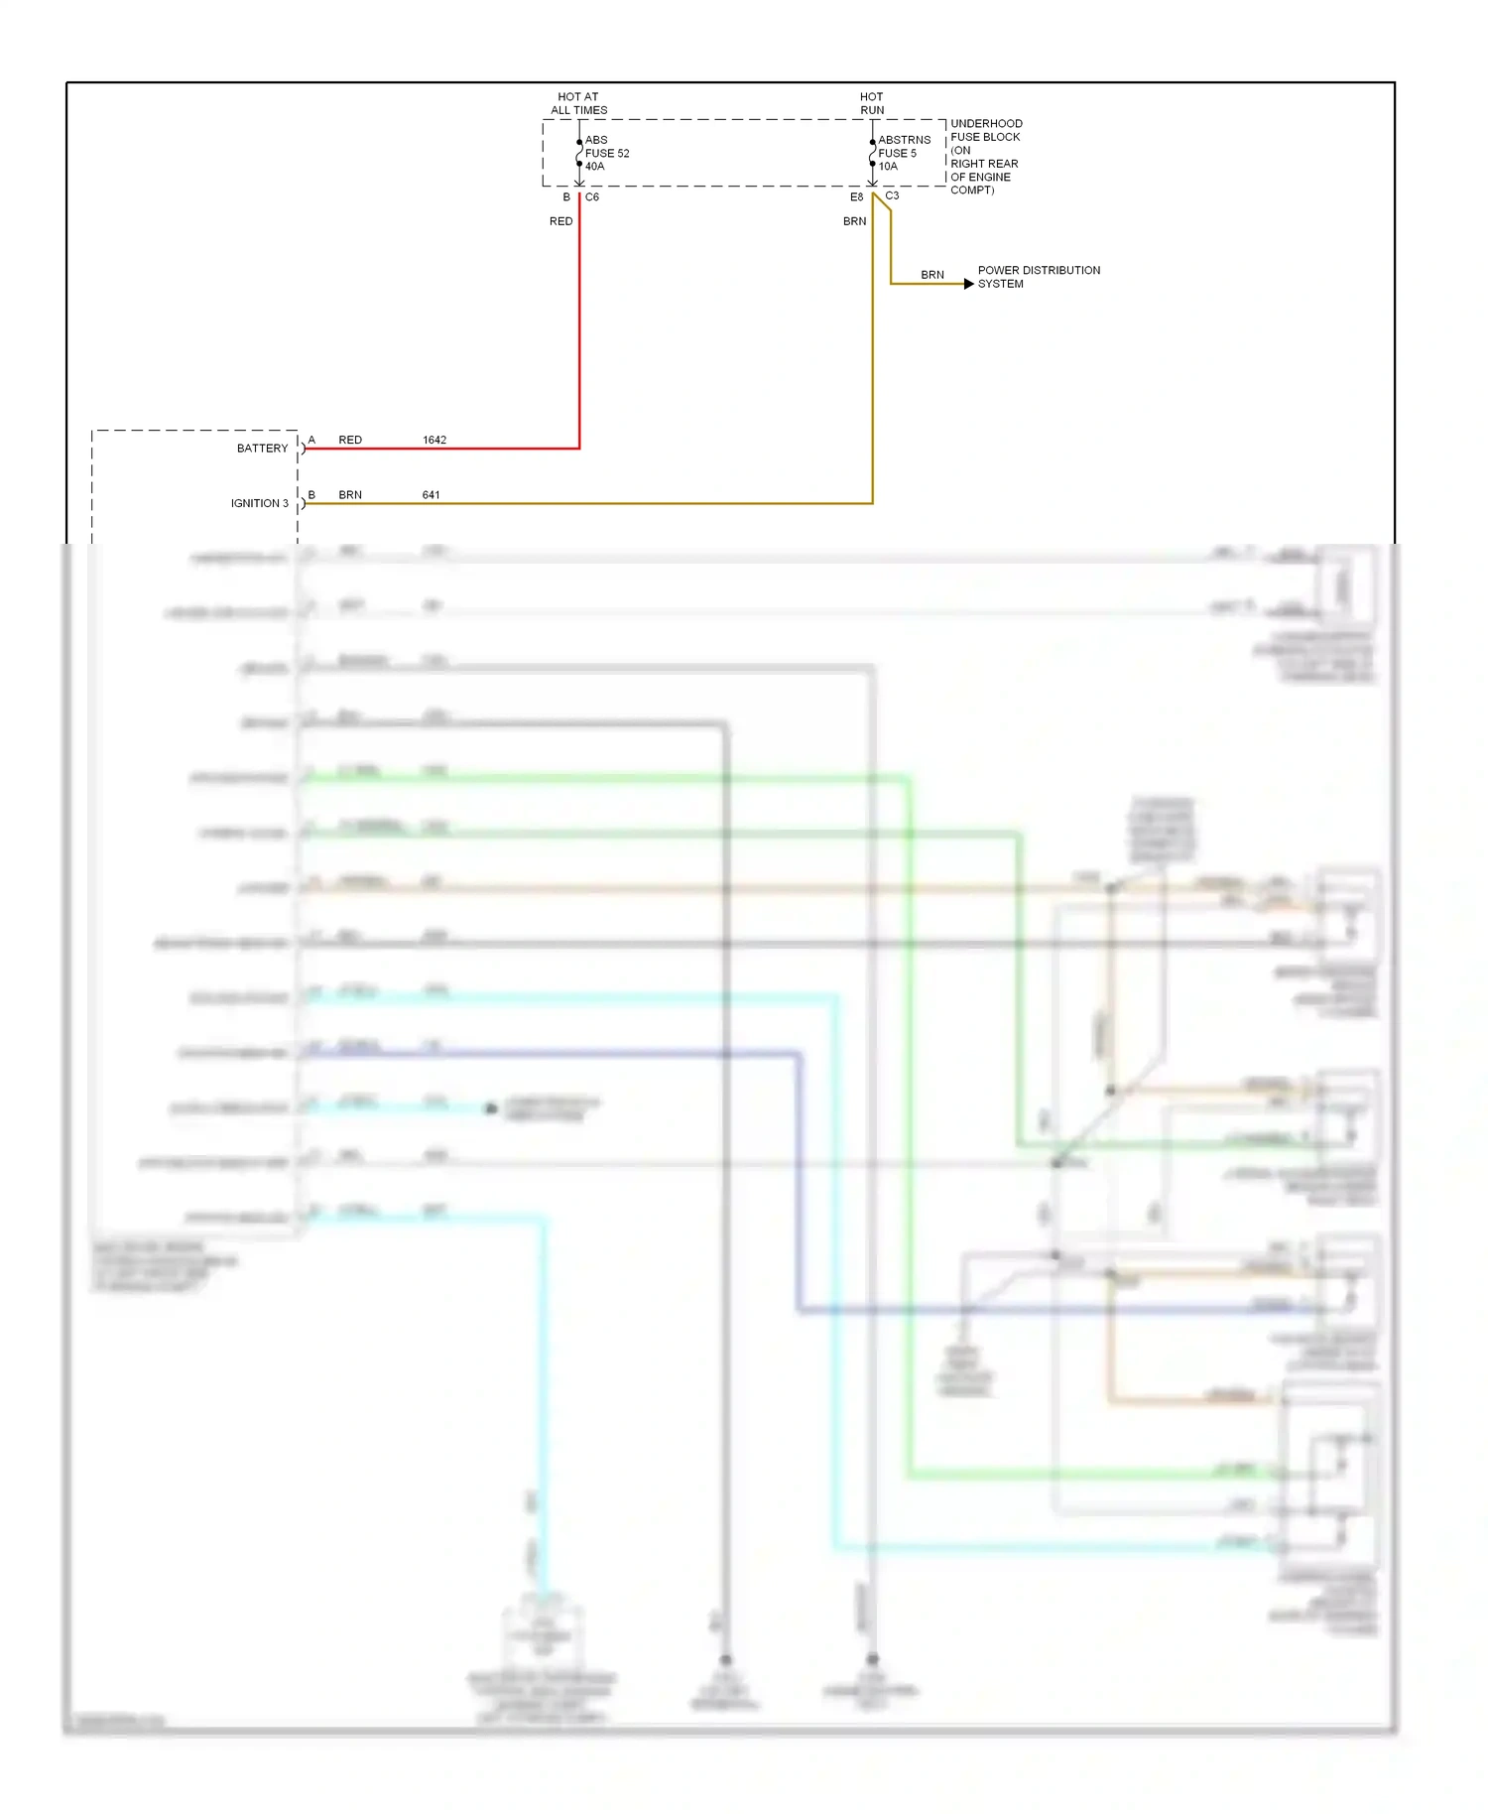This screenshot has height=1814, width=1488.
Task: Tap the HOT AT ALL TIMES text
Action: coord(578,103)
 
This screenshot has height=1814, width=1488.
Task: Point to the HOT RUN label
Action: coord(872,103)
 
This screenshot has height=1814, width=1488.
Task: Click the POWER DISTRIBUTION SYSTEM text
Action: coord(1038,277)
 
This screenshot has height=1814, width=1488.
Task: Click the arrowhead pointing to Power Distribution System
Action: coord(968,284)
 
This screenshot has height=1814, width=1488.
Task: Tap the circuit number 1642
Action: coord(434,440)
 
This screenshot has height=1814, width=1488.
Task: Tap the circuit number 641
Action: coord(431,494)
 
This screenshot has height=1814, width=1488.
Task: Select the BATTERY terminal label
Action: coord(262,449)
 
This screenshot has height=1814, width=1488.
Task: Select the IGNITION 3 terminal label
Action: coord(259,503)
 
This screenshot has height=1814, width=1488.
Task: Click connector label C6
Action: coord(592,196)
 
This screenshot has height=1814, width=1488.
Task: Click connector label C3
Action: coord(892,195)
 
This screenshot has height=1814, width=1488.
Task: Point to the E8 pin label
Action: coord(856,196)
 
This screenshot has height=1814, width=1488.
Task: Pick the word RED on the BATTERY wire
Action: coord(350,440)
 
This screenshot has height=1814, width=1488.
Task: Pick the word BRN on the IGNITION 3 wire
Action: coord(350,494)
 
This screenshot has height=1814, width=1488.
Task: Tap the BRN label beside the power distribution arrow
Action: coord(931,275)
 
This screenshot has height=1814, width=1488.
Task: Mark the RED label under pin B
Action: coord(560,221)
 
